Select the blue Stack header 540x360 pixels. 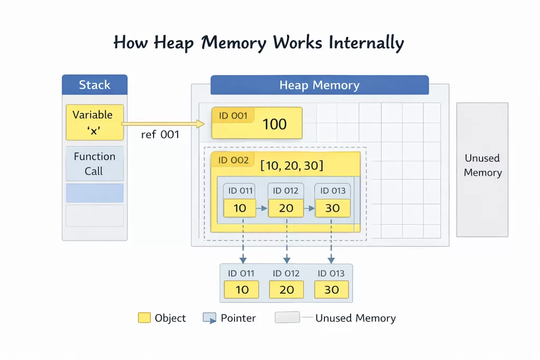point(94,85)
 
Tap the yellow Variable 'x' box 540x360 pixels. point(93,122)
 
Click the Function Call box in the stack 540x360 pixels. point(94,163)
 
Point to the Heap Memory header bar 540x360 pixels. point(319,85)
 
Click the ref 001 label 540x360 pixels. point(160,135)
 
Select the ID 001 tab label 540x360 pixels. point(233,116)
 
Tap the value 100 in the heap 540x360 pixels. point(274,124)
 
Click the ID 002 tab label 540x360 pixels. point(233,160)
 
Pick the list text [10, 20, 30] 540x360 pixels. point(292,166)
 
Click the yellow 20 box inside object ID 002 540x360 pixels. point(286,208)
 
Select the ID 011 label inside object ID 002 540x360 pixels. point(240,191)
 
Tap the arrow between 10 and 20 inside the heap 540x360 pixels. point(262,208)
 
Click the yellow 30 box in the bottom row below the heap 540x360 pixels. point(331,290)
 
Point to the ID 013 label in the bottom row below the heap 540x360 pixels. point(331,273)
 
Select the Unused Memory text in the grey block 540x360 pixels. point(483,166)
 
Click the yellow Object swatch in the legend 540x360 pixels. point(144,318)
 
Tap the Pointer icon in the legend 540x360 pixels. point(209,318)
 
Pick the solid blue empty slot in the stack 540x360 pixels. point(94,193)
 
